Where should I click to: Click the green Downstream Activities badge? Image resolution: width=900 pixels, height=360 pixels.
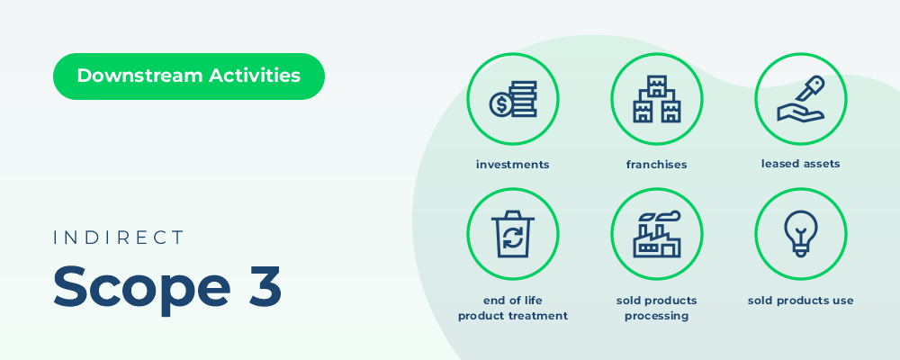pyautogui.click(x=189, y=76)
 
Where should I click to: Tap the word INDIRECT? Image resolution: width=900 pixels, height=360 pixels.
pyautogui.click(x=119, y=238)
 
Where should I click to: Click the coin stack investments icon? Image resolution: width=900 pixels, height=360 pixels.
pyautogui.click(x=513, y=99)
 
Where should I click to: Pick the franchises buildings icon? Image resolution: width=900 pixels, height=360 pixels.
pyautogui.click(x=657, y=99)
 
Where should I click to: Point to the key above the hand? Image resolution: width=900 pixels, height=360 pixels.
pyautogui.click(x=809, y=88)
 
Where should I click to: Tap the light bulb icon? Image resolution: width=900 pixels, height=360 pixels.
pyautogui.click(x=801, y=233)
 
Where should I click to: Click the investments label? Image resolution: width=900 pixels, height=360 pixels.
pyautogui.click(x=513, y=165)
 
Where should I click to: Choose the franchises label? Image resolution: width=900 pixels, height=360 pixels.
pyautogui.click(x=657, y=165)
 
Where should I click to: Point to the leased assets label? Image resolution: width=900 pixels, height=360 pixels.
pyautogui.click(x=801, y=164)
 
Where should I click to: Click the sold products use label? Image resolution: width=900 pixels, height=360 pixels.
pyautogui.click(x=801, y=301)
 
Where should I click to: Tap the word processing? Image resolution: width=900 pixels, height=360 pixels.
pyautogui.click(x=657, y=317)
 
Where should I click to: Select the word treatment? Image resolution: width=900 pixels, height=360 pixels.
pyautogui.click(x=541, y=316)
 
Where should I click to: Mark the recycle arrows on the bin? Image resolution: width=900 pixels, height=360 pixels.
pyautogui.click(x=513, y=237)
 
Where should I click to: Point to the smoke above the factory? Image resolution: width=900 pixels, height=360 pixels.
pyautogui.click(x=659, y=217)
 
